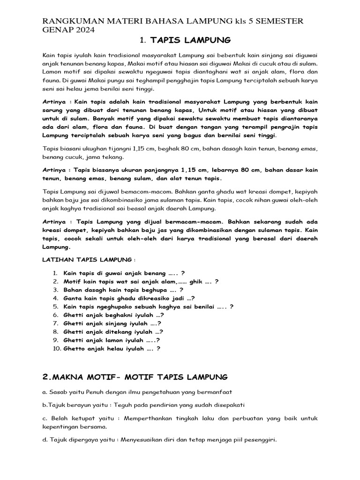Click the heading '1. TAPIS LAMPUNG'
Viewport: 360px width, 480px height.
coord(180,42)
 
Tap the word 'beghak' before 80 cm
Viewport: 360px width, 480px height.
coord(178,149)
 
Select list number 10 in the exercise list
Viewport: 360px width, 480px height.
coord(56,349)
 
